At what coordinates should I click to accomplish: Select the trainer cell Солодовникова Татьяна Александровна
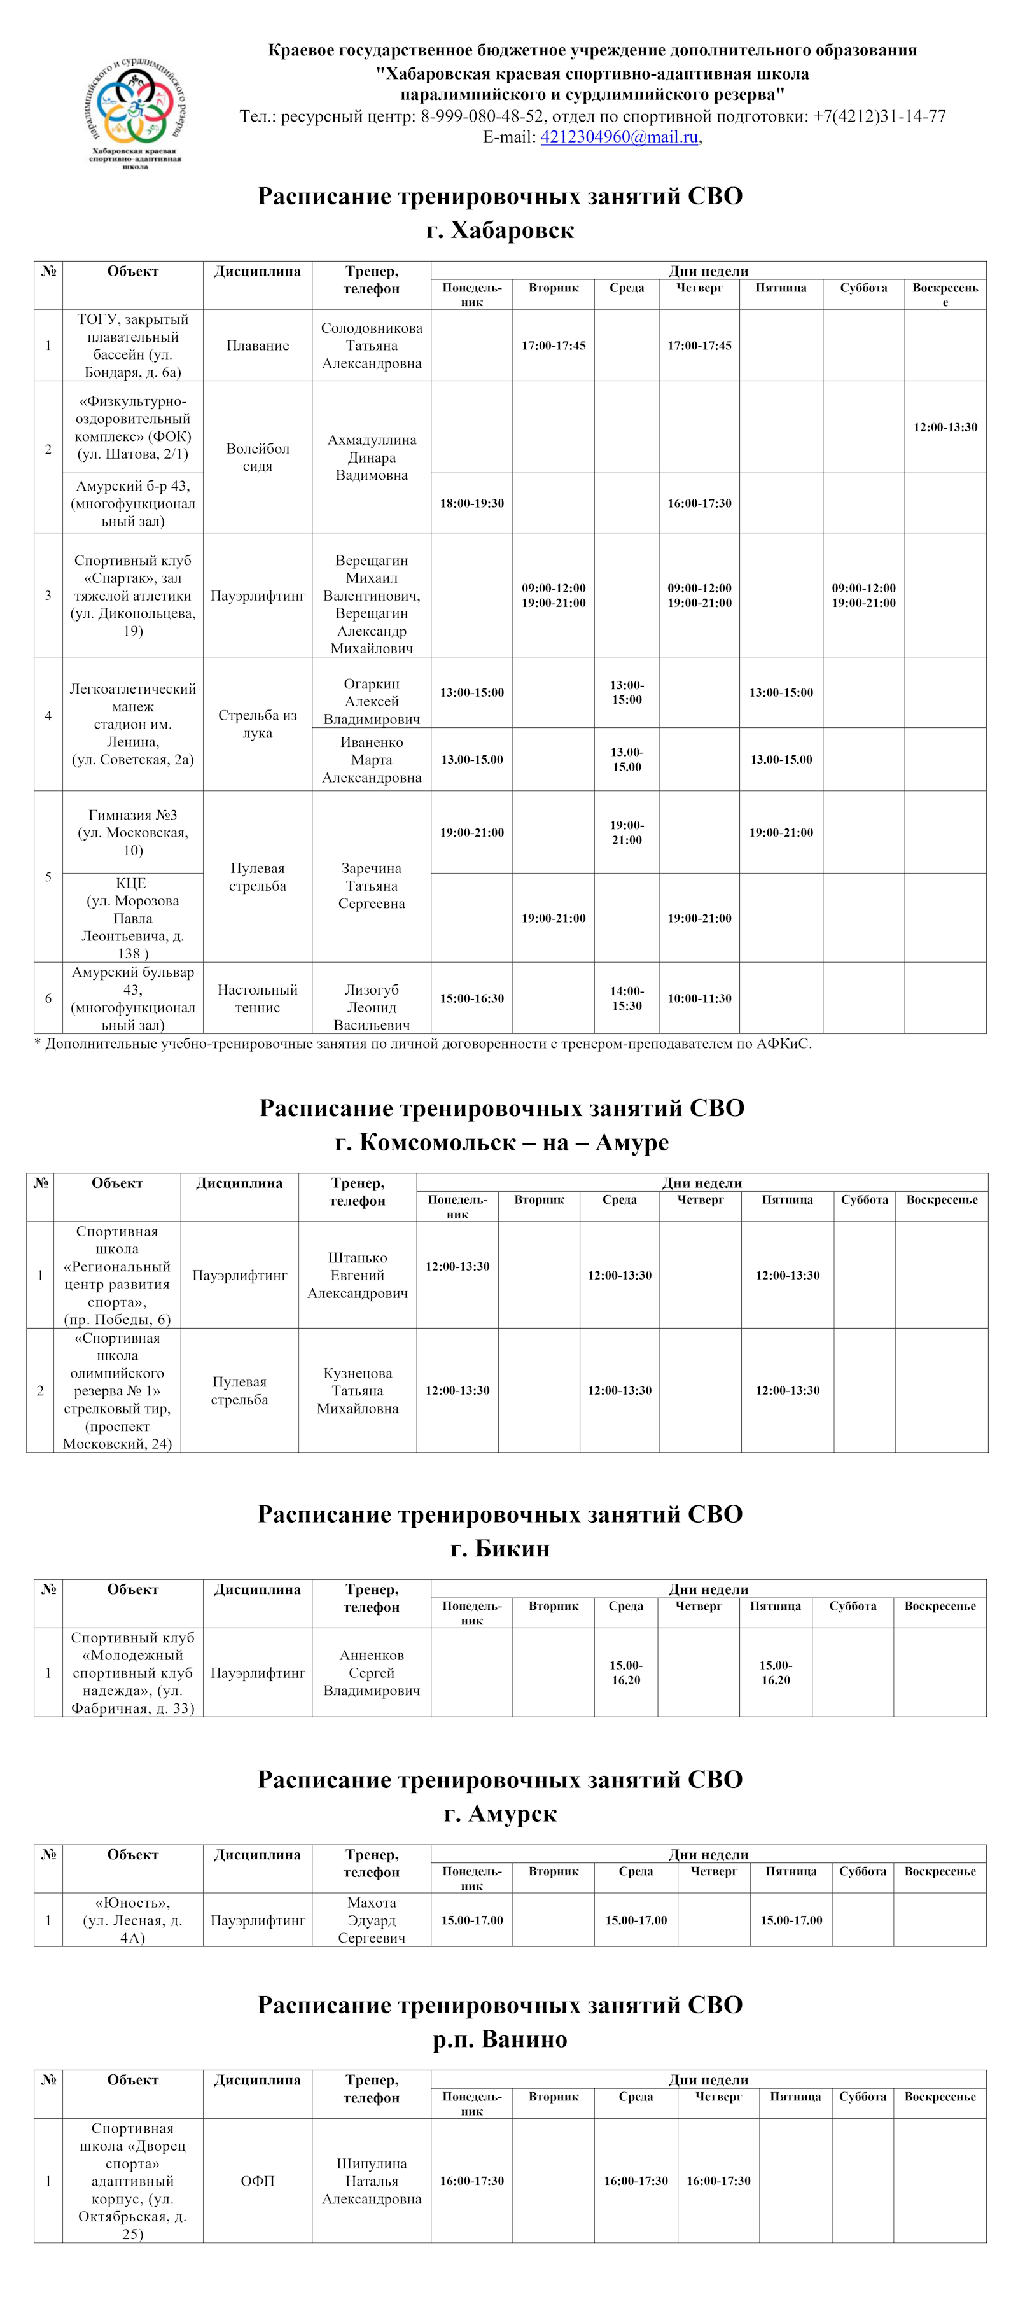pos(372,346)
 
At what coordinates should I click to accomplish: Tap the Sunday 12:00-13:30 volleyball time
pos(945,427)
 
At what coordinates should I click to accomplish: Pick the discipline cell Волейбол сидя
pos(258,457)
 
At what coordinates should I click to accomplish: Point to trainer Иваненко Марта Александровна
pos(372,760)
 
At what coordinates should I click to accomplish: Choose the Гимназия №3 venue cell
pos(133,832)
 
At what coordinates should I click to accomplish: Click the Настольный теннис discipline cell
pos(258,998)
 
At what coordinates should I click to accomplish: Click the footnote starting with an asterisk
pos(422,1044)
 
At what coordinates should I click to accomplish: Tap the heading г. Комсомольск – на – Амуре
pos(501,1142)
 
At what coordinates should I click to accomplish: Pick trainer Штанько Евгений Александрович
pos(357,1275)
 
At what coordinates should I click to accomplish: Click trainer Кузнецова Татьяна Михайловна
pos(357,1390)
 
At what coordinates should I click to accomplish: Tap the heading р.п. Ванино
pos(499,2039)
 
